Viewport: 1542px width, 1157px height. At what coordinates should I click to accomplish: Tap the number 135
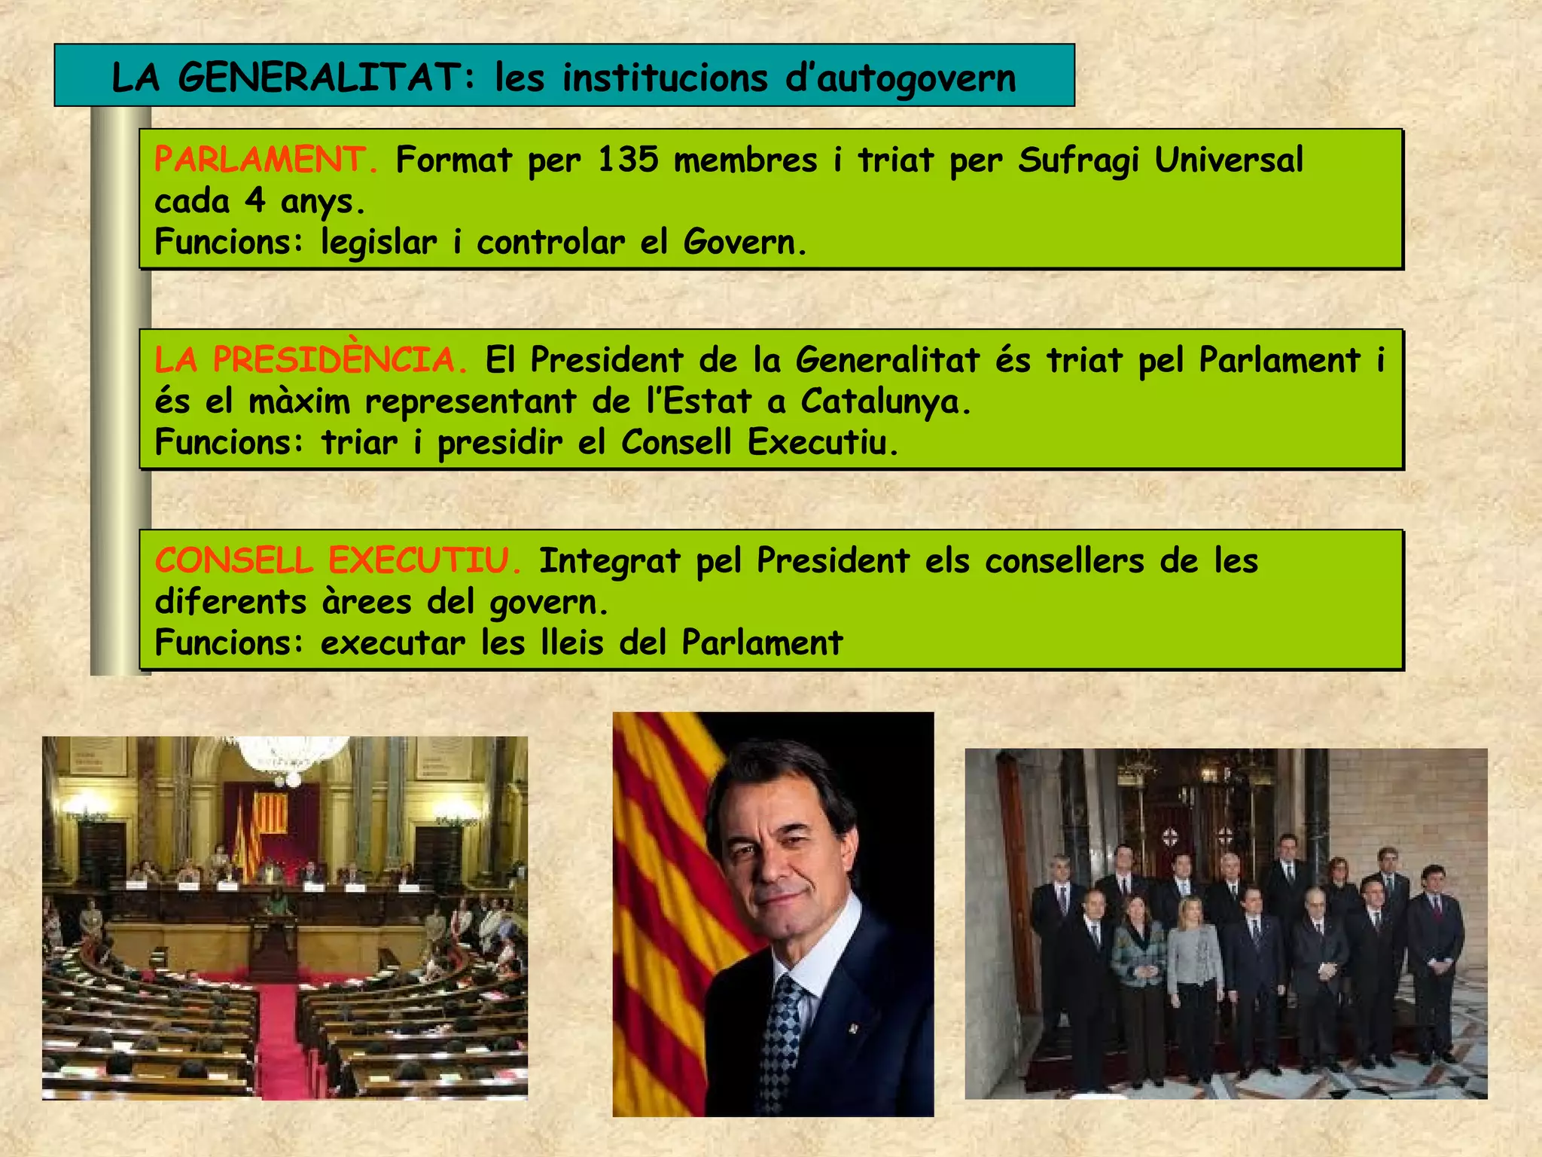coord(628,160)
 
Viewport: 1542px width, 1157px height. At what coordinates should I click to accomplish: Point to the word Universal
coord(1228,160)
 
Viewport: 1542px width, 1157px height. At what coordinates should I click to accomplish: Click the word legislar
coord(378,243)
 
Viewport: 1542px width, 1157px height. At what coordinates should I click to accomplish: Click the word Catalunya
coord(885,401)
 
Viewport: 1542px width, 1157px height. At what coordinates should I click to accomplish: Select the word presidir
coord(499,442)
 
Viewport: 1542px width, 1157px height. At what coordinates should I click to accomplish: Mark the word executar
coord(392,643)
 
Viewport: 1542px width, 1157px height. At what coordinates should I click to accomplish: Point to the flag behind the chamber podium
coord(270,814)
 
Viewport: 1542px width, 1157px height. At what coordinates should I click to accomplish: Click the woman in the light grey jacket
coord(1194,972)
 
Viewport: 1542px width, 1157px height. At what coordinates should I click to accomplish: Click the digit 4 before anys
coord(255,201)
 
